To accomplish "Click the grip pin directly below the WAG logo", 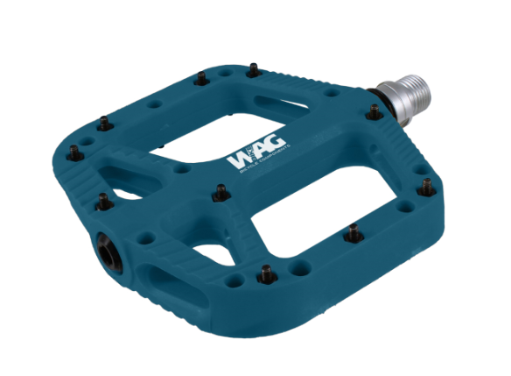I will (220, 191).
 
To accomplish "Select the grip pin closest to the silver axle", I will (374, 111).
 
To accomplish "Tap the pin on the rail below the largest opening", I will (353, 233).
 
